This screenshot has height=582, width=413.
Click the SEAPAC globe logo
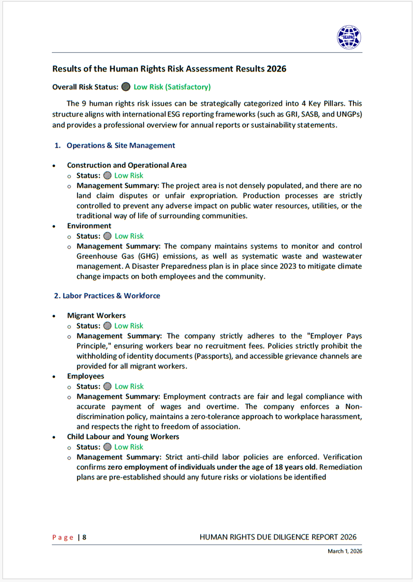(349, 37)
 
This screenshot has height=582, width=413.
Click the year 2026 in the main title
(276, 69)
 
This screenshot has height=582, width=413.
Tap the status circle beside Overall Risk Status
(126, 87)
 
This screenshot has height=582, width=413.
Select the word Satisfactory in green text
(188, 87)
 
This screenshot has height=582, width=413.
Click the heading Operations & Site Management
(121, 146)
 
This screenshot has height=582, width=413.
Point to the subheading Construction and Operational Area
(127, 165)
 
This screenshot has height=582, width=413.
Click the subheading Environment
(89, 226)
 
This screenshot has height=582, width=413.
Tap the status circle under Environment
(107, 236)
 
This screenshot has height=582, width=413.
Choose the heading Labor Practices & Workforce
(111, 296)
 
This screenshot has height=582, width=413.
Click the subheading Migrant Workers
(96, 316)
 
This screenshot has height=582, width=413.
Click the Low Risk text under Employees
(129, 387)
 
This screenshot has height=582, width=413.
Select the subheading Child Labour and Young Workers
(123, 437)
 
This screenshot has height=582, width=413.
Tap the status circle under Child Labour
(107, 447)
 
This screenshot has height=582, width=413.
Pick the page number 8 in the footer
(84, 537)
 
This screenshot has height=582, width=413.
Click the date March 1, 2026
(345, 552)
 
